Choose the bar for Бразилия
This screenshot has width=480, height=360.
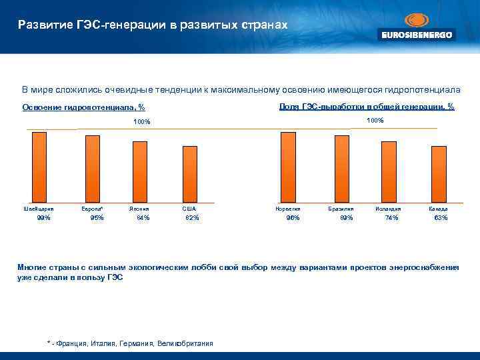click(x=341, y=169)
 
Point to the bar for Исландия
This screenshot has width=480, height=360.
click(x=388, y=171)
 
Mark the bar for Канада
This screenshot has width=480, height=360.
click(x=439, y=174)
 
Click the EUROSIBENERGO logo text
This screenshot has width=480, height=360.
click(x=417, y=35)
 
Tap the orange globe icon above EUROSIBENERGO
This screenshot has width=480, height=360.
click(x=417, y=20)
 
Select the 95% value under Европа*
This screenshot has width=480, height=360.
click(x=97, y=218)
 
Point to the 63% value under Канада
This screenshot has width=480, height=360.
click(x=441, y=218)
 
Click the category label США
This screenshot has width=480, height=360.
click(x=189, y=209)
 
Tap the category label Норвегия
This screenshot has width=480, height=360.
click(x=288, y=209)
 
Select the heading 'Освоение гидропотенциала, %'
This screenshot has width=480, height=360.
click(x=84, y=107)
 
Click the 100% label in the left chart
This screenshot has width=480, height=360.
click(x=142, y=122)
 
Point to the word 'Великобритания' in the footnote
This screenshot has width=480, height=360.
click(x=185, y=343)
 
